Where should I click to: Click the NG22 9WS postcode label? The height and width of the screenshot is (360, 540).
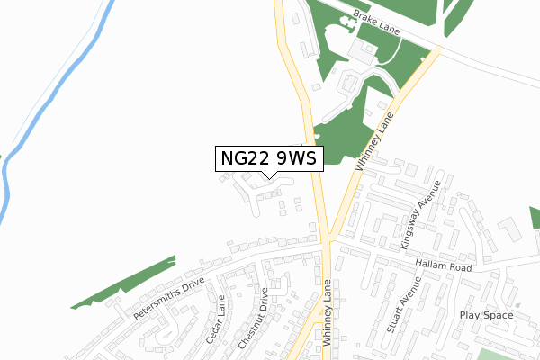(x=267, y=158)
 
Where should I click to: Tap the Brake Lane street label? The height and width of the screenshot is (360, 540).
(x=376, y=22)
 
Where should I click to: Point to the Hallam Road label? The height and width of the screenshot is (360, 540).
(x=444, y=267)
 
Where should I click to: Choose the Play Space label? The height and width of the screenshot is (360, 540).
(x=486, y=315)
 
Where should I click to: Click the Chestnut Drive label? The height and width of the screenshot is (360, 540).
(x=255, y=319)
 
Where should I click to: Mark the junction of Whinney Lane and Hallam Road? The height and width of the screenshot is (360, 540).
(x=328, y=238)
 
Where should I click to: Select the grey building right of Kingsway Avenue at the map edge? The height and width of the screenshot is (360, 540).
(x=508, y=229)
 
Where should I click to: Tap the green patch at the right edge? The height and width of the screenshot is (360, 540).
(x=534, y=216)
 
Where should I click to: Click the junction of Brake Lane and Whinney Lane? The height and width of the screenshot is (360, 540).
(x=436, y=49)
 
